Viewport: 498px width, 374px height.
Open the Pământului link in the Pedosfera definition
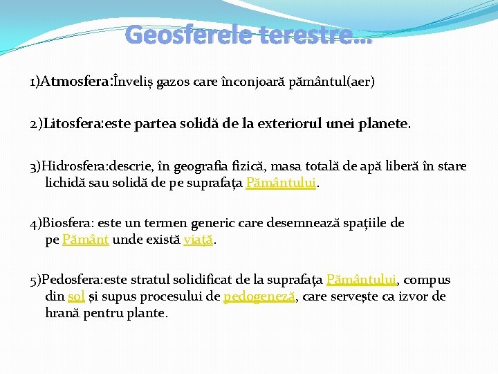click(361, 280)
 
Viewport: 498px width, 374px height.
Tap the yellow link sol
click(76, 297)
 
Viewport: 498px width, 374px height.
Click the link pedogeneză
click(260, 297)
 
